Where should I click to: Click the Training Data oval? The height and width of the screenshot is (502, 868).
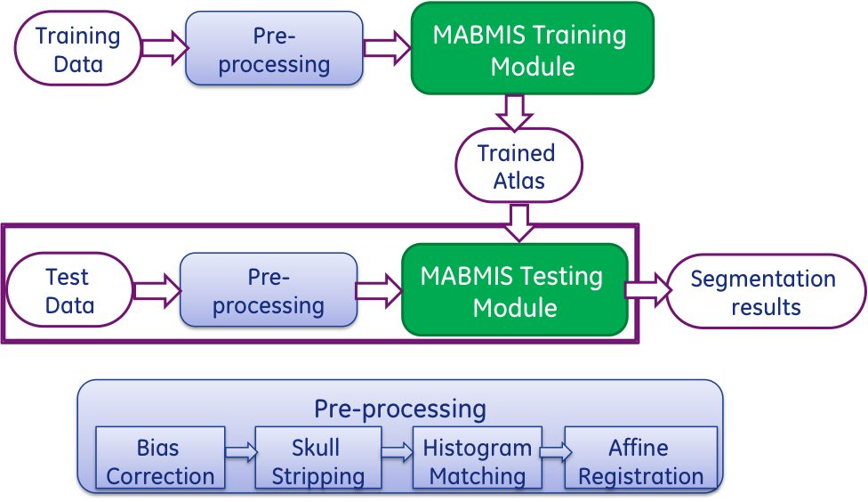click(x=78, y=49)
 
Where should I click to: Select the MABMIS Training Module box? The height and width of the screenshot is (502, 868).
click(x=532, y=49)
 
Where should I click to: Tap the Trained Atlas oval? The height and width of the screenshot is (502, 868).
click(x=518, y=166)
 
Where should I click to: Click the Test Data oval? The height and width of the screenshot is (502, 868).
click(x=69, y=291)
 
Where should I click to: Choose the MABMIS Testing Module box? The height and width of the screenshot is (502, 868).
click(x=514, y=291)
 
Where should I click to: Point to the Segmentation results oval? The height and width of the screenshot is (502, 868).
click(x=765, y=292)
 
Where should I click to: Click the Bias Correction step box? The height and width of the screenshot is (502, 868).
click(x=160, y=460)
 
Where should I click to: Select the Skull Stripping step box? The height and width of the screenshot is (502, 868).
click(x=317, y=460)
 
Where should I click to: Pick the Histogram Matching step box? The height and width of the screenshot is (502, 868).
click(x=478, y=460)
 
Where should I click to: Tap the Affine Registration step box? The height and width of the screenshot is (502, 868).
click(x=639, y=460)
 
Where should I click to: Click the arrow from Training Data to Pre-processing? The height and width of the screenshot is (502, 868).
click(x=162, y=49)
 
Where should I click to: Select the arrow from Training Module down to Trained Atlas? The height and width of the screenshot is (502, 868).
click(x=513, y=111)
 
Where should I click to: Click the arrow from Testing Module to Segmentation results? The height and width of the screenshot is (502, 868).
click(x=646, y=290)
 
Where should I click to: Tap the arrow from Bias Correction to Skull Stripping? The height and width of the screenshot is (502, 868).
click(x=240, y=451)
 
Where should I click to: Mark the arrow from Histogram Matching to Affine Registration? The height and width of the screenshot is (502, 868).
click(x=554, y=451)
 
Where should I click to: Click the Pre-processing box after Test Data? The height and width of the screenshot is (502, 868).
click(x=269, y=291)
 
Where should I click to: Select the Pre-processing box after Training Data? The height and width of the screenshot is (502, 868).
click(x=273, y=51)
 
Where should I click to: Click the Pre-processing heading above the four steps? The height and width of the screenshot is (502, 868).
click(x=400, y=409)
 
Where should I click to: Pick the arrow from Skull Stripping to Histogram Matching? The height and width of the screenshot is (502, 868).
click(x=398, y=451)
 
